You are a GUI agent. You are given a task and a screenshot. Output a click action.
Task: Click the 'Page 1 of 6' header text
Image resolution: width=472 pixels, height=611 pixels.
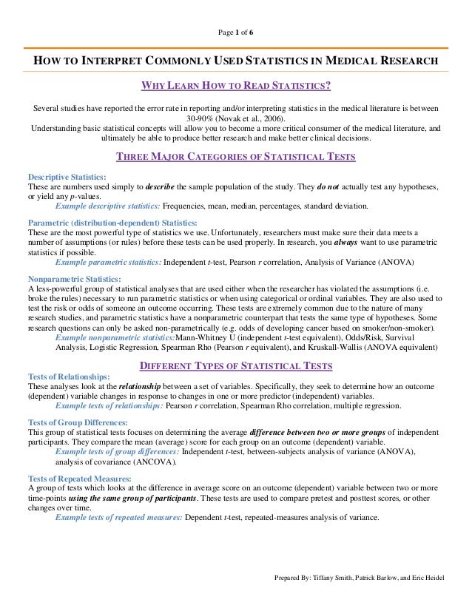(x=235, y=34)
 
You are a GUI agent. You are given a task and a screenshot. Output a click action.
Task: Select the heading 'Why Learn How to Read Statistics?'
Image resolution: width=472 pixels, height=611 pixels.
(x=235, y=86)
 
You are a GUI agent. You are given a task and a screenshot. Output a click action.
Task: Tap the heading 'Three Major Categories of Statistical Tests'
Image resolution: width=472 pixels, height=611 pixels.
(x=236, y=156)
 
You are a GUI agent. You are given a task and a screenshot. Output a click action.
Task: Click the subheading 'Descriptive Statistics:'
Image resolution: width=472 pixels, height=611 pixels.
(x=67, y=178)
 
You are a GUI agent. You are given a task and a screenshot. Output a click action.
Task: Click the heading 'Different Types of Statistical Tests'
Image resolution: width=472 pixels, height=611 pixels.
(x=236, y=365)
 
